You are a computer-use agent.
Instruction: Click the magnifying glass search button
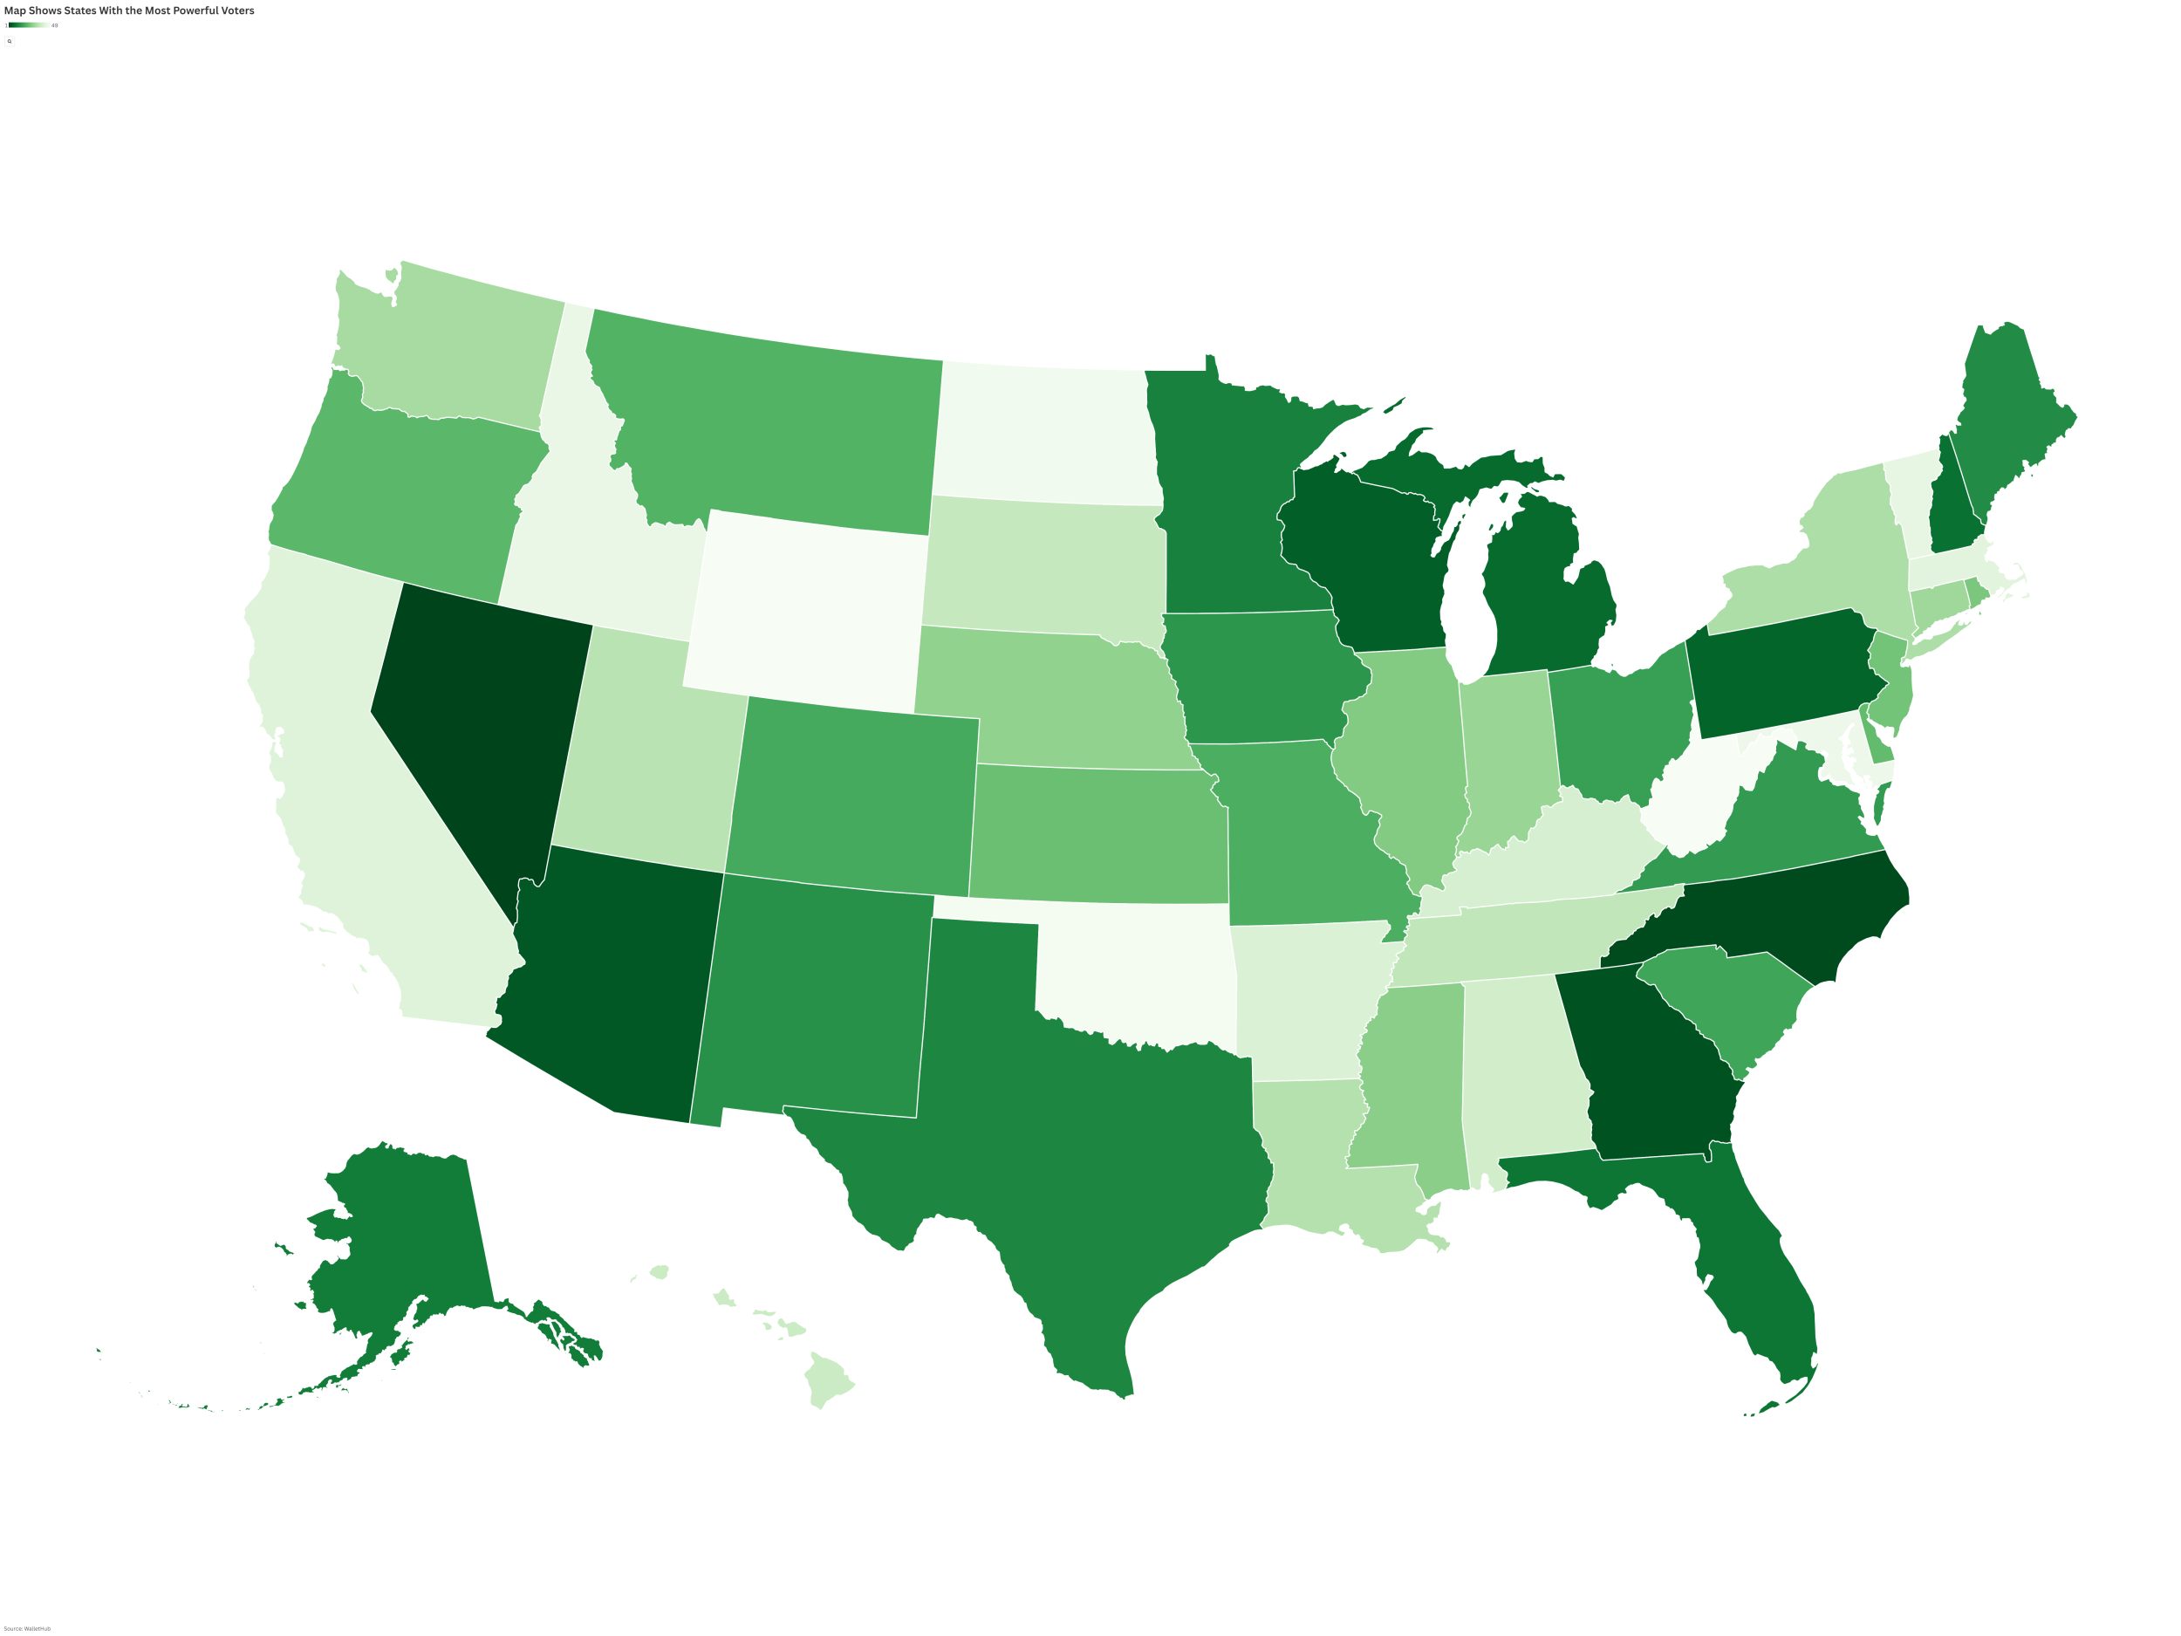[10, 41]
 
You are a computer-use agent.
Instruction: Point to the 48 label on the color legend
[54, 25]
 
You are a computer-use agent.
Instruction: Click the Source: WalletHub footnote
[27, 1628]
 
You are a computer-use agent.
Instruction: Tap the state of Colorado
[853, 794]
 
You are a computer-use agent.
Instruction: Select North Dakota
[1045, 434]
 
